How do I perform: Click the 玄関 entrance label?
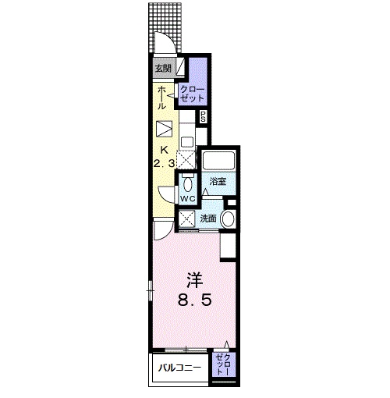coord(163,69)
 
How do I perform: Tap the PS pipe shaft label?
coord(203,117)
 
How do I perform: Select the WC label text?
coord(188,199)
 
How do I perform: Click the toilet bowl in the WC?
coord(187,184)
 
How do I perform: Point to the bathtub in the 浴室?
coord(219,161)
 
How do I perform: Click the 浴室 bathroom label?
coord(218,181)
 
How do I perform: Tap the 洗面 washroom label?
coord(208,219)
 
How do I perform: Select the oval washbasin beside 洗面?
coord(228,219)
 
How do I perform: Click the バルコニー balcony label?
coord(180,368)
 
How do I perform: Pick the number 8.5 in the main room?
coord(194,300)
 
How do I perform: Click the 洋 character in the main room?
coord(195,280)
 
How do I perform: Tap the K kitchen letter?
coord(164,150)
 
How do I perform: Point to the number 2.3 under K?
coord(164,164)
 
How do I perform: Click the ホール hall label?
coord(161,98)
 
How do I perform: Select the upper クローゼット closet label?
coord(193,94)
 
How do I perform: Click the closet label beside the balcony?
coord(224,364)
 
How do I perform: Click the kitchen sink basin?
coord(187,142)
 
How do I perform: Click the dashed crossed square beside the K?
coord(186,159)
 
